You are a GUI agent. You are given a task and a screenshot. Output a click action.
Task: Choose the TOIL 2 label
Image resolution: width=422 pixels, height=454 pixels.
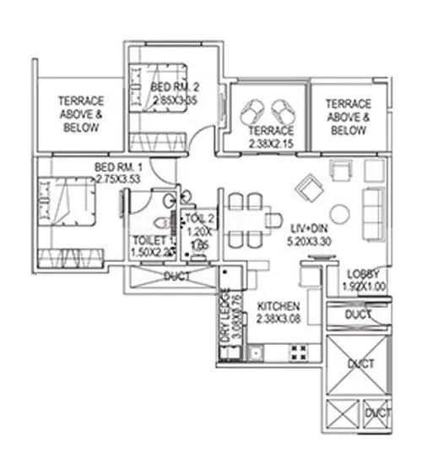point(199,218)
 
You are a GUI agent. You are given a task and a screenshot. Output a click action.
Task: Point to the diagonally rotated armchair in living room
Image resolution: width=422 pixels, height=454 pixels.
point(311,183)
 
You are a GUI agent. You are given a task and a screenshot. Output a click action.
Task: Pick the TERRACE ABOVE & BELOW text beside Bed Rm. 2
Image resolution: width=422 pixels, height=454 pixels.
point(80,114)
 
